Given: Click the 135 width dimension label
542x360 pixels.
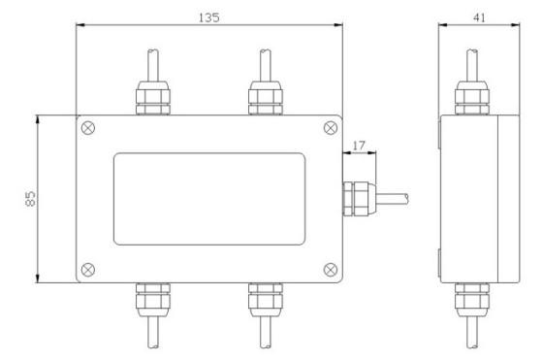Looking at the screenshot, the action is coord(208,17).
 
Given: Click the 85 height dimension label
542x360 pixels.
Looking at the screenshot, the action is coord(30,199).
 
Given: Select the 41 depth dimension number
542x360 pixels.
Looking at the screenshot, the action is coord(479,17).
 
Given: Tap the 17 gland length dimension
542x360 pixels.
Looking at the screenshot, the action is coord(359,146).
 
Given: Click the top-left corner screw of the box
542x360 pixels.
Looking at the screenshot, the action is coord(88,128).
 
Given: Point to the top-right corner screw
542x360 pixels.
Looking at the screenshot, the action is coord(331,128).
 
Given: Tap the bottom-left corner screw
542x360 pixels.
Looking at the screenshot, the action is coord(88,270).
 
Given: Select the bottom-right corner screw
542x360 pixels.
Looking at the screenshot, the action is coord(331,270).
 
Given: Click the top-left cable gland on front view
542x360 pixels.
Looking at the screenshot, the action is coord(153,98).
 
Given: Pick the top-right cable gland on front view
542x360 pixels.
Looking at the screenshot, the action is coord(266,98).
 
